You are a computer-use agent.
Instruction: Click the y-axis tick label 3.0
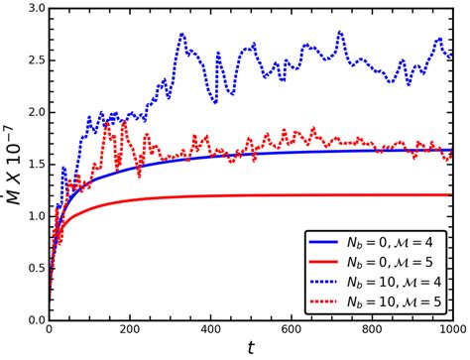[33, 9]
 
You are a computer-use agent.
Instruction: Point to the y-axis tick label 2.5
[33, 60]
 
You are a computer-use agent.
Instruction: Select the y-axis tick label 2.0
[33, 113]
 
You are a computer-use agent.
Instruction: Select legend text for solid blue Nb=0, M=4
[394, 242]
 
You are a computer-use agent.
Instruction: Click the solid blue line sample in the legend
[324, 242]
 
